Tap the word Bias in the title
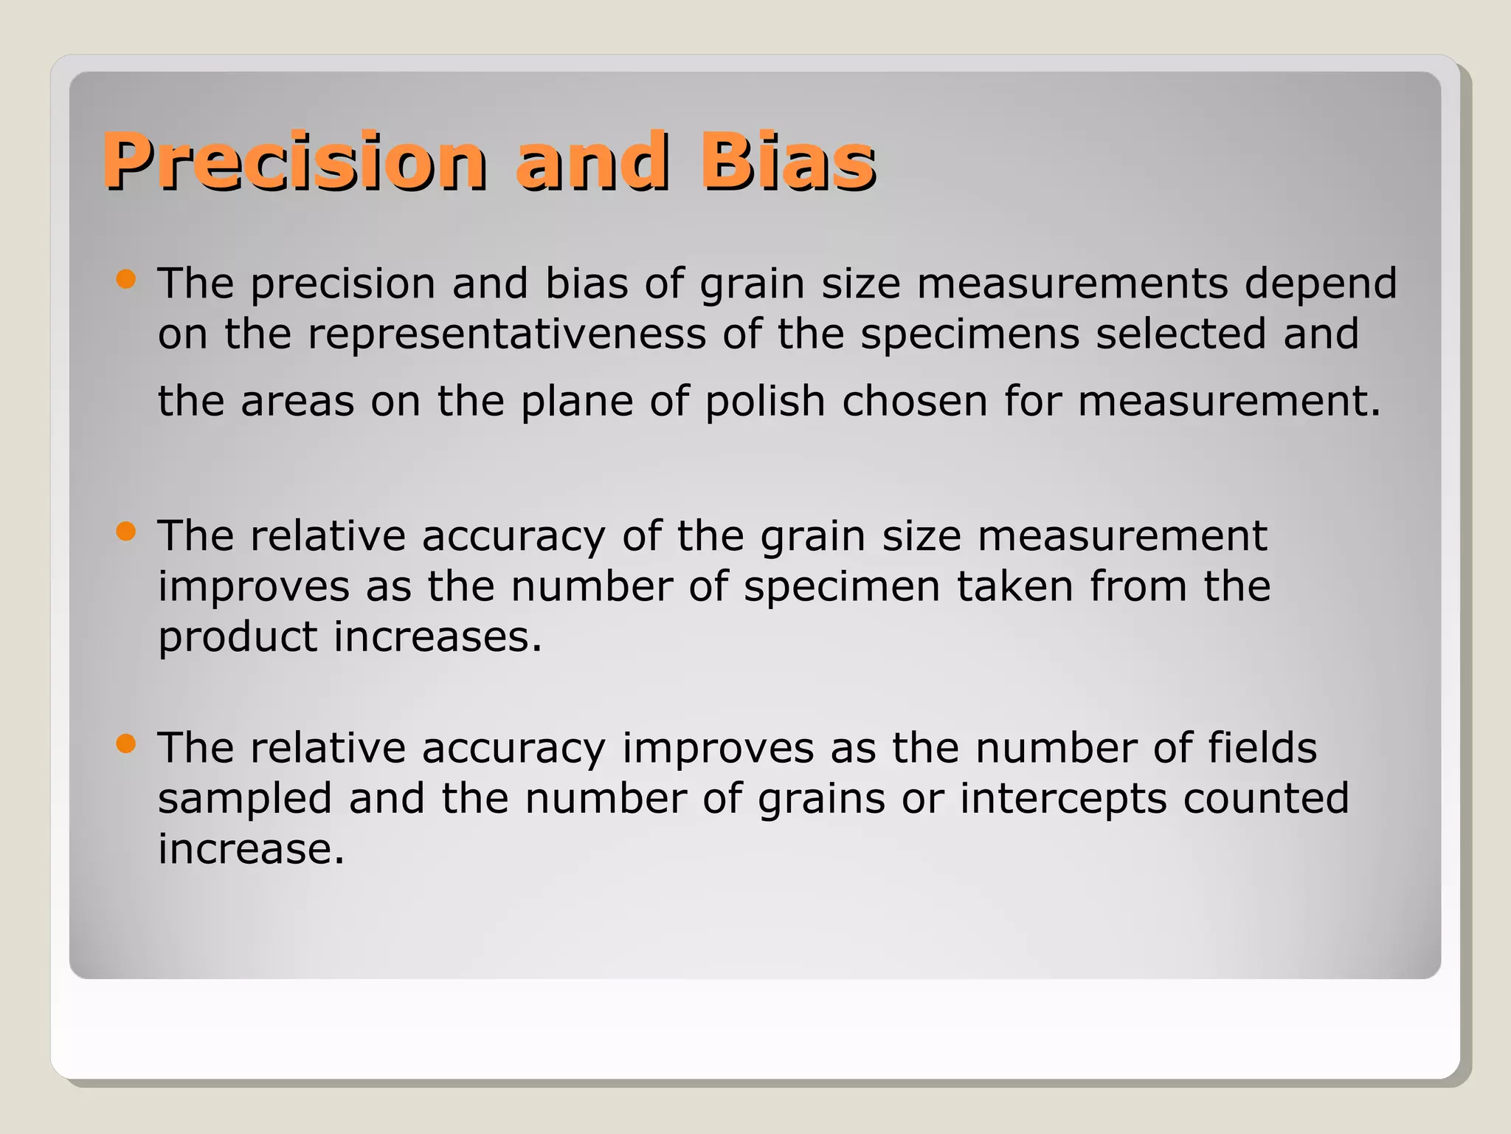[787, 160]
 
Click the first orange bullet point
[127, 279]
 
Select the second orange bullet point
[127, 532]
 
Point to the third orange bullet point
[127, 743]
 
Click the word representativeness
[507, 334]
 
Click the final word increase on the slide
[251, 849]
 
